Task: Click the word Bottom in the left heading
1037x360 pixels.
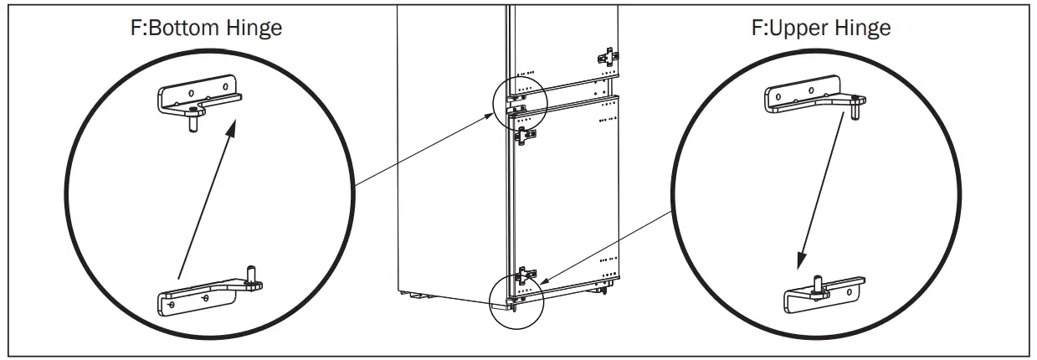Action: tap(191, 28)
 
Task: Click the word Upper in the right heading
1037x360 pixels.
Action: tap(799, 28)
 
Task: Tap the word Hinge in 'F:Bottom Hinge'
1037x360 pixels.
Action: tap(254, 28)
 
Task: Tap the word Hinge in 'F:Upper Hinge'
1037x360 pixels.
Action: tap(861, 28)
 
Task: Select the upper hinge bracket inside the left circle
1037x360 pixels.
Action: tap(198, 98)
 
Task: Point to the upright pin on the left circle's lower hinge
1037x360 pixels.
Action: tap(249, 274)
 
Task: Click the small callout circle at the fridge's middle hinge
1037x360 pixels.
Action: tap(520, 101)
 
